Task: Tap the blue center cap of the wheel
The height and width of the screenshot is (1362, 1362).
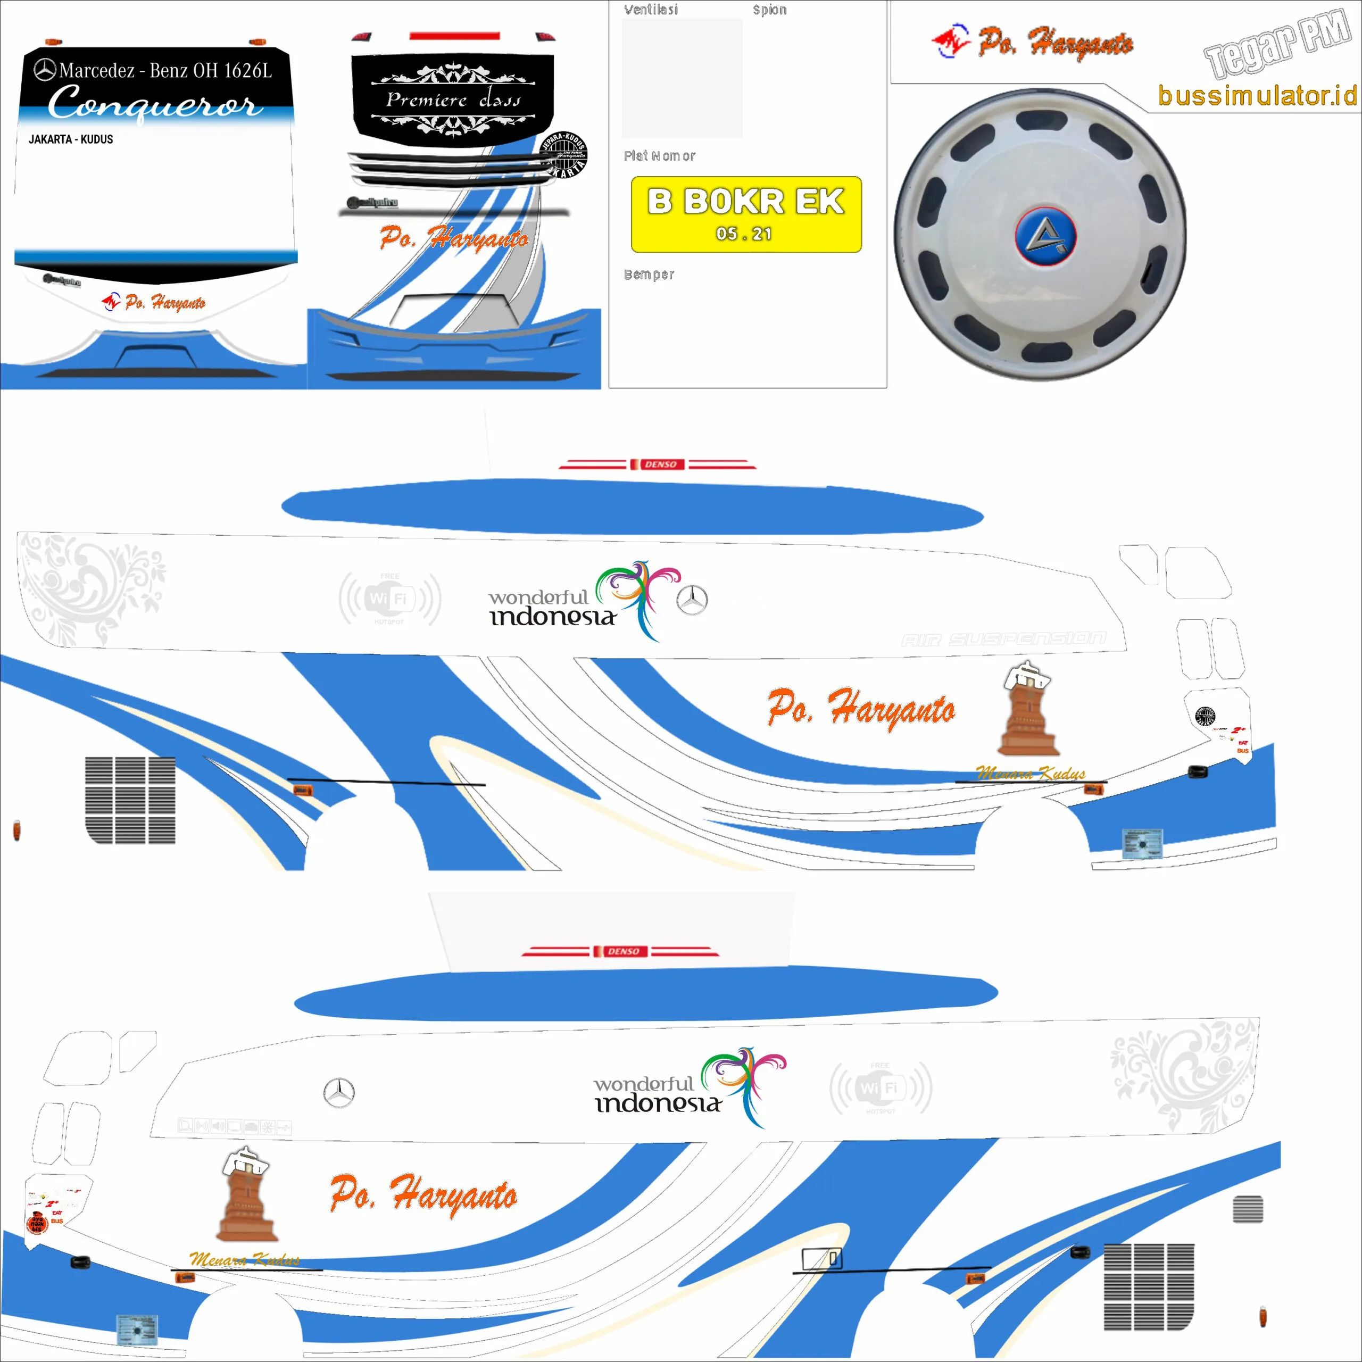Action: (x=1045, y=236)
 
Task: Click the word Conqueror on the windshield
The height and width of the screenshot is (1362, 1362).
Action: (x=155, y=104)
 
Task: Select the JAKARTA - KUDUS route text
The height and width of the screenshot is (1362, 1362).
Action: (x=71, y=139)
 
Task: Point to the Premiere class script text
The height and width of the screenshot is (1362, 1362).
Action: (x=453, y=100)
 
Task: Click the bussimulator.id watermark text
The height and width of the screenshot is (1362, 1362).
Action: (x=1257, y=95)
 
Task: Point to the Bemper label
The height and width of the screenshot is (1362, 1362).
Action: (x=649, y=274)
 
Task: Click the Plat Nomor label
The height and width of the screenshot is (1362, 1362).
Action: (x=659, y=156)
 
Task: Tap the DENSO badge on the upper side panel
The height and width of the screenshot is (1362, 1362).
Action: (x=660, y=464)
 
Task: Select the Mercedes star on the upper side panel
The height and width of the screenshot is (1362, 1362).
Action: (x=692, y=600)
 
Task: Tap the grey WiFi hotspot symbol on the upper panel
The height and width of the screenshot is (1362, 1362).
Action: (x=390, y=599)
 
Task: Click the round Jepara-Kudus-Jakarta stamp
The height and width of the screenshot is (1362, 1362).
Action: (x=563, y=154)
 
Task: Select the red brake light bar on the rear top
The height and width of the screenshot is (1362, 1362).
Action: (x=455, y=35)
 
